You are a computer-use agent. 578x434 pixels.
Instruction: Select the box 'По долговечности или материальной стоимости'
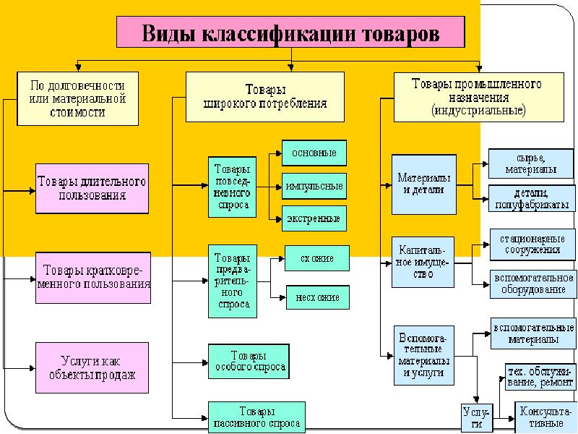(x=77, y=98)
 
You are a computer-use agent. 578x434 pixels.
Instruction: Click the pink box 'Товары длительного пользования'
(x=92, y=188)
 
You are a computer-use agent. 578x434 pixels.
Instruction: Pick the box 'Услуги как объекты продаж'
(x=92, y=368)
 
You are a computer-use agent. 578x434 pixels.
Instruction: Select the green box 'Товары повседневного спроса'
(x=233, y=187)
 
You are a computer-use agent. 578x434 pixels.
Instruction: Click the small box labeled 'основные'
(x=314, y=153)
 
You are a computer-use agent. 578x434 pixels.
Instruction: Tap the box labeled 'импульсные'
(x=314, y=186)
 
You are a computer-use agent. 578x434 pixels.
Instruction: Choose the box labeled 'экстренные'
(x=314, y=218)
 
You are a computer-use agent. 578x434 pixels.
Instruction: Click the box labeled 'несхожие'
(x=318, y=297)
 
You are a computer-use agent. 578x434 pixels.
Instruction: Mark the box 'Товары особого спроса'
(x=248, y=361)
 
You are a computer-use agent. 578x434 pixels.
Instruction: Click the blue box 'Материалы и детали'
(x=424, y=184)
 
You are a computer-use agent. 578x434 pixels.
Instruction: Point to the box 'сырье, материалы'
(x=532, y=163)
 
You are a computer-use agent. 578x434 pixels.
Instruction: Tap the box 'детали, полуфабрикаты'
(x=532, y=198)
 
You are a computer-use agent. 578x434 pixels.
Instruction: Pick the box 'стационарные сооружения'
(x=532, y=244)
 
